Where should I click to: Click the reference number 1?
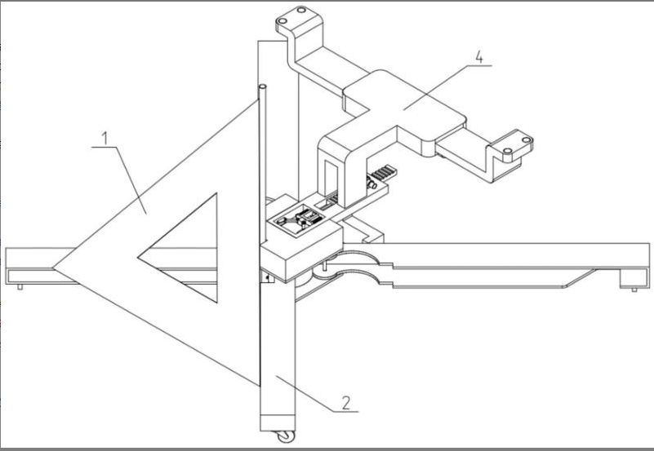coord(105,139)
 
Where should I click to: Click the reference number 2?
coord(346,403)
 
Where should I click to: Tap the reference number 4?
coord(479,57)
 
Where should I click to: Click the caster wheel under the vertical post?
coord(286,436)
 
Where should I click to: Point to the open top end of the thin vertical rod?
coord(263,87)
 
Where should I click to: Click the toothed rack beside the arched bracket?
coord(383,172)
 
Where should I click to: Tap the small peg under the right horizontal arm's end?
coord(634,290)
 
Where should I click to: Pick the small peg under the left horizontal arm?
coord(20,286)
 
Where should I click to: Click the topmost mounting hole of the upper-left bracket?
coord(301,10)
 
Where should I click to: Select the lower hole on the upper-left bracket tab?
coord(283,21)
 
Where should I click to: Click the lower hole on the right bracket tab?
coord(508,150)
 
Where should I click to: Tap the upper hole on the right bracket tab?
coord(526,139)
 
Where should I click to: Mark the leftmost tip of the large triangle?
coord(53,268)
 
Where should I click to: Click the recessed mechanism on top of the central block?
coord(297,221)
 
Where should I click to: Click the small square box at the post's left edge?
coord(268,276)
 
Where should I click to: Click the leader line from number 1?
coord(131,180)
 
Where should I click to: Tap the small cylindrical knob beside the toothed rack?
coord(371,183)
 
